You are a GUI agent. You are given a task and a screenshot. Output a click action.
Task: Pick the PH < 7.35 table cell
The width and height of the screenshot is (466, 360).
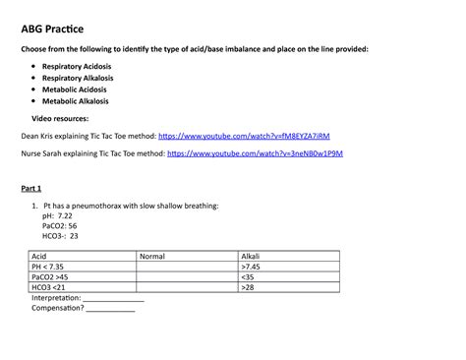49,267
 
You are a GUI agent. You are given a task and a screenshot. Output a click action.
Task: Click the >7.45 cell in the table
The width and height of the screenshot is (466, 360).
251,267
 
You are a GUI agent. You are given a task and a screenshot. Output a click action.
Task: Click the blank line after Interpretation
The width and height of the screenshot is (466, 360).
114,299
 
